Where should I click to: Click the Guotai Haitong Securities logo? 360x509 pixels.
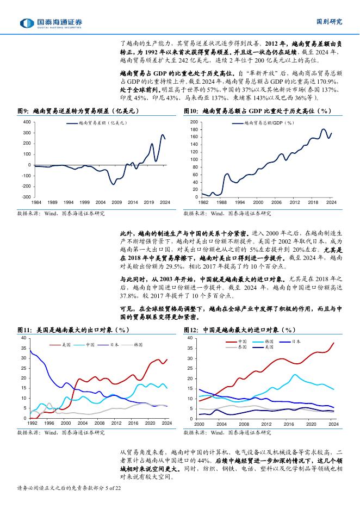click(51, 23)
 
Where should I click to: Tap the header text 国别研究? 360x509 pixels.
click(329, 22)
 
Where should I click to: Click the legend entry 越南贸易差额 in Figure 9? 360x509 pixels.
click(98, 123)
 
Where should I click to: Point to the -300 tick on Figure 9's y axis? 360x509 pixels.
click(26, 197)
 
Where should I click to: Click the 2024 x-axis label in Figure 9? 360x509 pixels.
click(165, 202)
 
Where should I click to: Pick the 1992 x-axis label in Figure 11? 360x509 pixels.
click(32, 423)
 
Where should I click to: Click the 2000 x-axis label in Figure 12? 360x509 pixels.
click(199, 423)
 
